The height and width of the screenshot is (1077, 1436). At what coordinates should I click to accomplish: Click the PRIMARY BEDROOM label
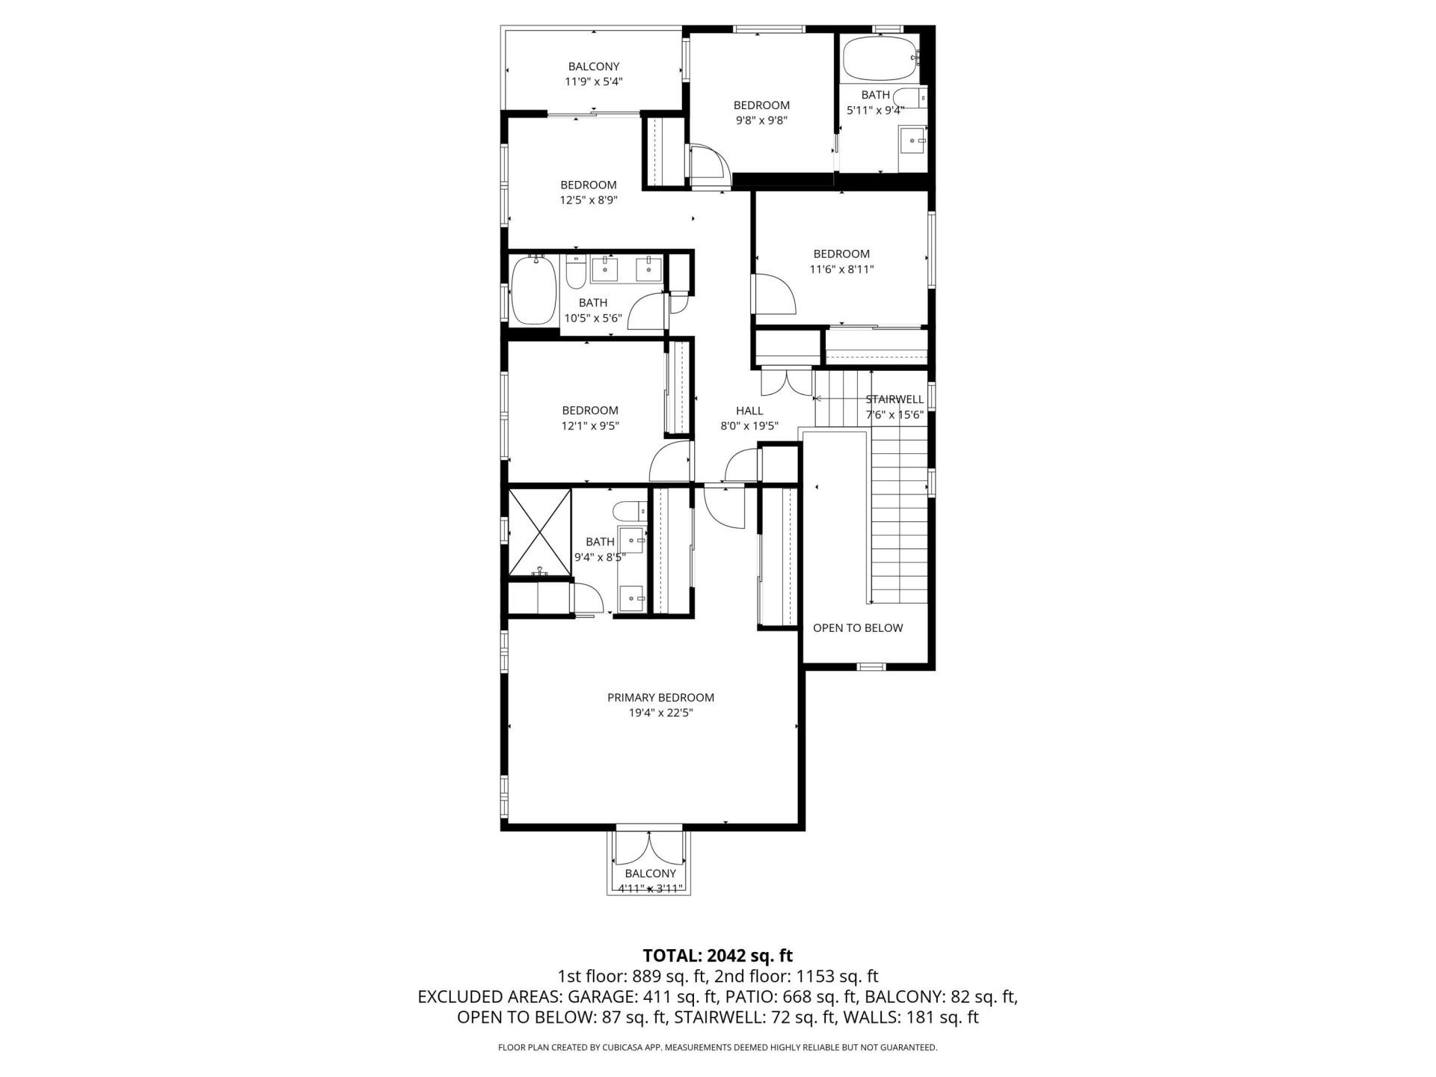click(x=660, y=697)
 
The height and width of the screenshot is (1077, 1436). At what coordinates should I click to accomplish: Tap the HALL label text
click(x=749, y=411)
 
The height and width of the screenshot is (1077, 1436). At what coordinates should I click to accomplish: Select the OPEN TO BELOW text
click(x=858, y=628)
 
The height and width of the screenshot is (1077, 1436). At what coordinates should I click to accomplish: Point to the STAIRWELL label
click(x=895, y=399)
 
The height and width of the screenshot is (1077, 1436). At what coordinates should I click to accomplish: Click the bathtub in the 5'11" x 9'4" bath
click(x=880, y=59)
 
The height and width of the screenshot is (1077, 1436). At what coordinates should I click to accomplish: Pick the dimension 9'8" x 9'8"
click(x=761, y=120)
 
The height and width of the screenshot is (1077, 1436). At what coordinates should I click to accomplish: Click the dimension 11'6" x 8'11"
click(x=841, y=269)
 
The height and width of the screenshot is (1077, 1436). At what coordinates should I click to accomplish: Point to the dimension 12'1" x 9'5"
click(x=590, y=426)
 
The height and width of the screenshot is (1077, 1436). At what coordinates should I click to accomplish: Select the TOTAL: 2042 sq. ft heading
click(x=717, y=955)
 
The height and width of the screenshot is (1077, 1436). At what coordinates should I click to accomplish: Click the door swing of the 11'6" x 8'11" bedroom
click(x=774, y=295)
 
